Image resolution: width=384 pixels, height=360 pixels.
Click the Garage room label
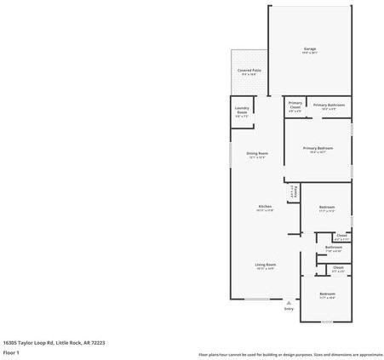(310, 49)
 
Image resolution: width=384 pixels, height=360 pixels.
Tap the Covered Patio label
(249, 71)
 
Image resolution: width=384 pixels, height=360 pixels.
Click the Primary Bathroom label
(330, 106)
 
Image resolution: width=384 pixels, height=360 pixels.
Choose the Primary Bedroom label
(318, 148)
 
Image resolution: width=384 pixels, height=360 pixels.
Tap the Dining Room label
(257, 154)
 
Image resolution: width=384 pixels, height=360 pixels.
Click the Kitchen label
(265, 208)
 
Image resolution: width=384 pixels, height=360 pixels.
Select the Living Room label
(265, 265)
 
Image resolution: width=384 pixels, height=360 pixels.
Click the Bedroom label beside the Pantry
(327, 208)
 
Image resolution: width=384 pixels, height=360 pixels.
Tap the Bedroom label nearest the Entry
(327, 294)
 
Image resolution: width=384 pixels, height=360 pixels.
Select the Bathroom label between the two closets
(334, 248)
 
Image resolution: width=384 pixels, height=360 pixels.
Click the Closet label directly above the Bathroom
(341, 236)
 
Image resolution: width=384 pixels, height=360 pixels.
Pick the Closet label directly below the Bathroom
(338, 268)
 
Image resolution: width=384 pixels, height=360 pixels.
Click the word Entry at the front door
(289, 308)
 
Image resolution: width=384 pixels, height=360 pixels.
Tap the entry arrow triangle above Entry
(289, 301)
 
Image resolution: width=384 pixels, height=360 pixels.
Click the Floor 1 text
(11, 351)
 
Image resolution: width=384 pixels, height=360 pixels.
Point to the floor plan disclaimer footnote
(290, 354)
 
